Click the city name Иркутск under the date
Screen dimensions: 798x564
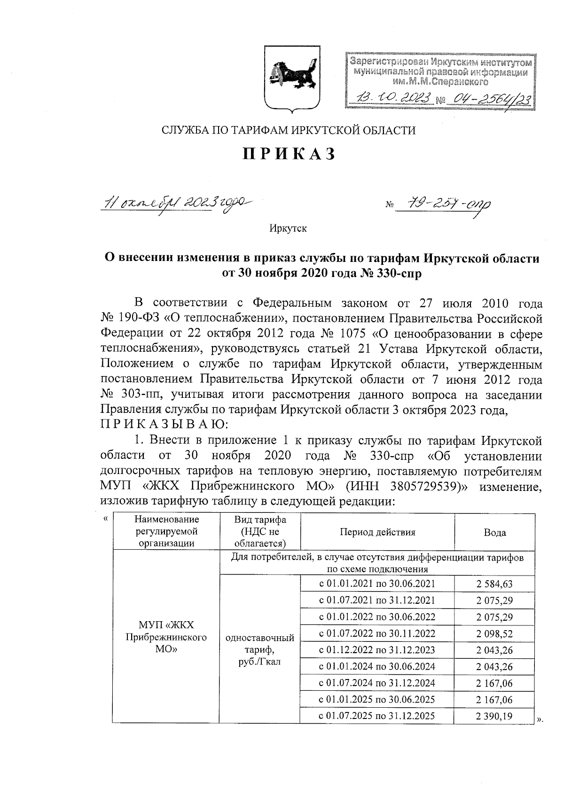coord(288,229)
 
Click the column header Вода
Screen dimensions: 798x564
coord(494,532)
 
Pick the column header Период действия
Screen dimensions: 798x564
coord(377,532)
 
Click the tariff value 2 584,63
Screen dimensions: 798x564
coord(494,584)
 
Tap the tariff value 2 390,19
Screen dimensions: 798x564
coord(494,716)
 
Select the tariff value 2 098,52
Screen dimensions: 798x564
coord(494,633)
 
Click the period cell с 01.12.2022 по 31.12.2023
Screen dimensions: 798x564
coord(377,650)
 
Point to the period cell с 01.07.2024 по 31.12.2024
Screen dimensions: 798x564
coord(377,683)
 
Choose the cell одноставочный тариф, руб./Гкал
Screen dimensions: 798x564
coord(260,649)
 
